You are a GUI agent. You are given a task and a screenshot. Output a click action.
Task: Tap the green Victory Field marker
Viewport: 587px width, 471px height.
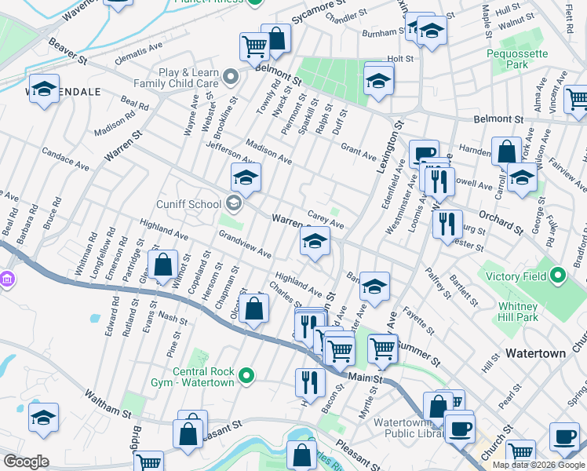557,276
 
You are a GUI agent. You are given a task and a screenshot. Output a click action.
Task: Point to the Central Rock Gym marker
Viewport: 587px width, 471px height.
247,376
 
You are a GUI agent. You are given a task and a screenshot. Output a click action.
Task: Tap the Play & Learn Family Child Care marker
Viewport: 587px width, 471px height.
230,77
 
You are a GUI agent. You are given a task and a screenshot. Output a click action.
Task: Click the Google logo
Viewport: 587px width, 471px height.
27,462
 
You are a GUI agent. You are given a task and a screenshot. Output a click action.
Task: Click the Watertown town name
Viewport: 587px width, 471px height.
535,353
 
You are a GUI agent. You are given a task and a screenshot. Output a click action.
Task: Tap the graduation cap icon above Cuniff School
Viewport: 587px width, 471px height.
246,178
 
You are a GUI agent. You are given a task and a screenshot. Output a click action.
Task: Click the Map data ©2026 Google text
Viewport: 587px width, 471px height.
538,465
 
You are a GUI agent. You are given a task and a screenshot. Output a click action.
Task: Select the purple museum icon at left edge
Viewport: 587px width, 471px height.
6,279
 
